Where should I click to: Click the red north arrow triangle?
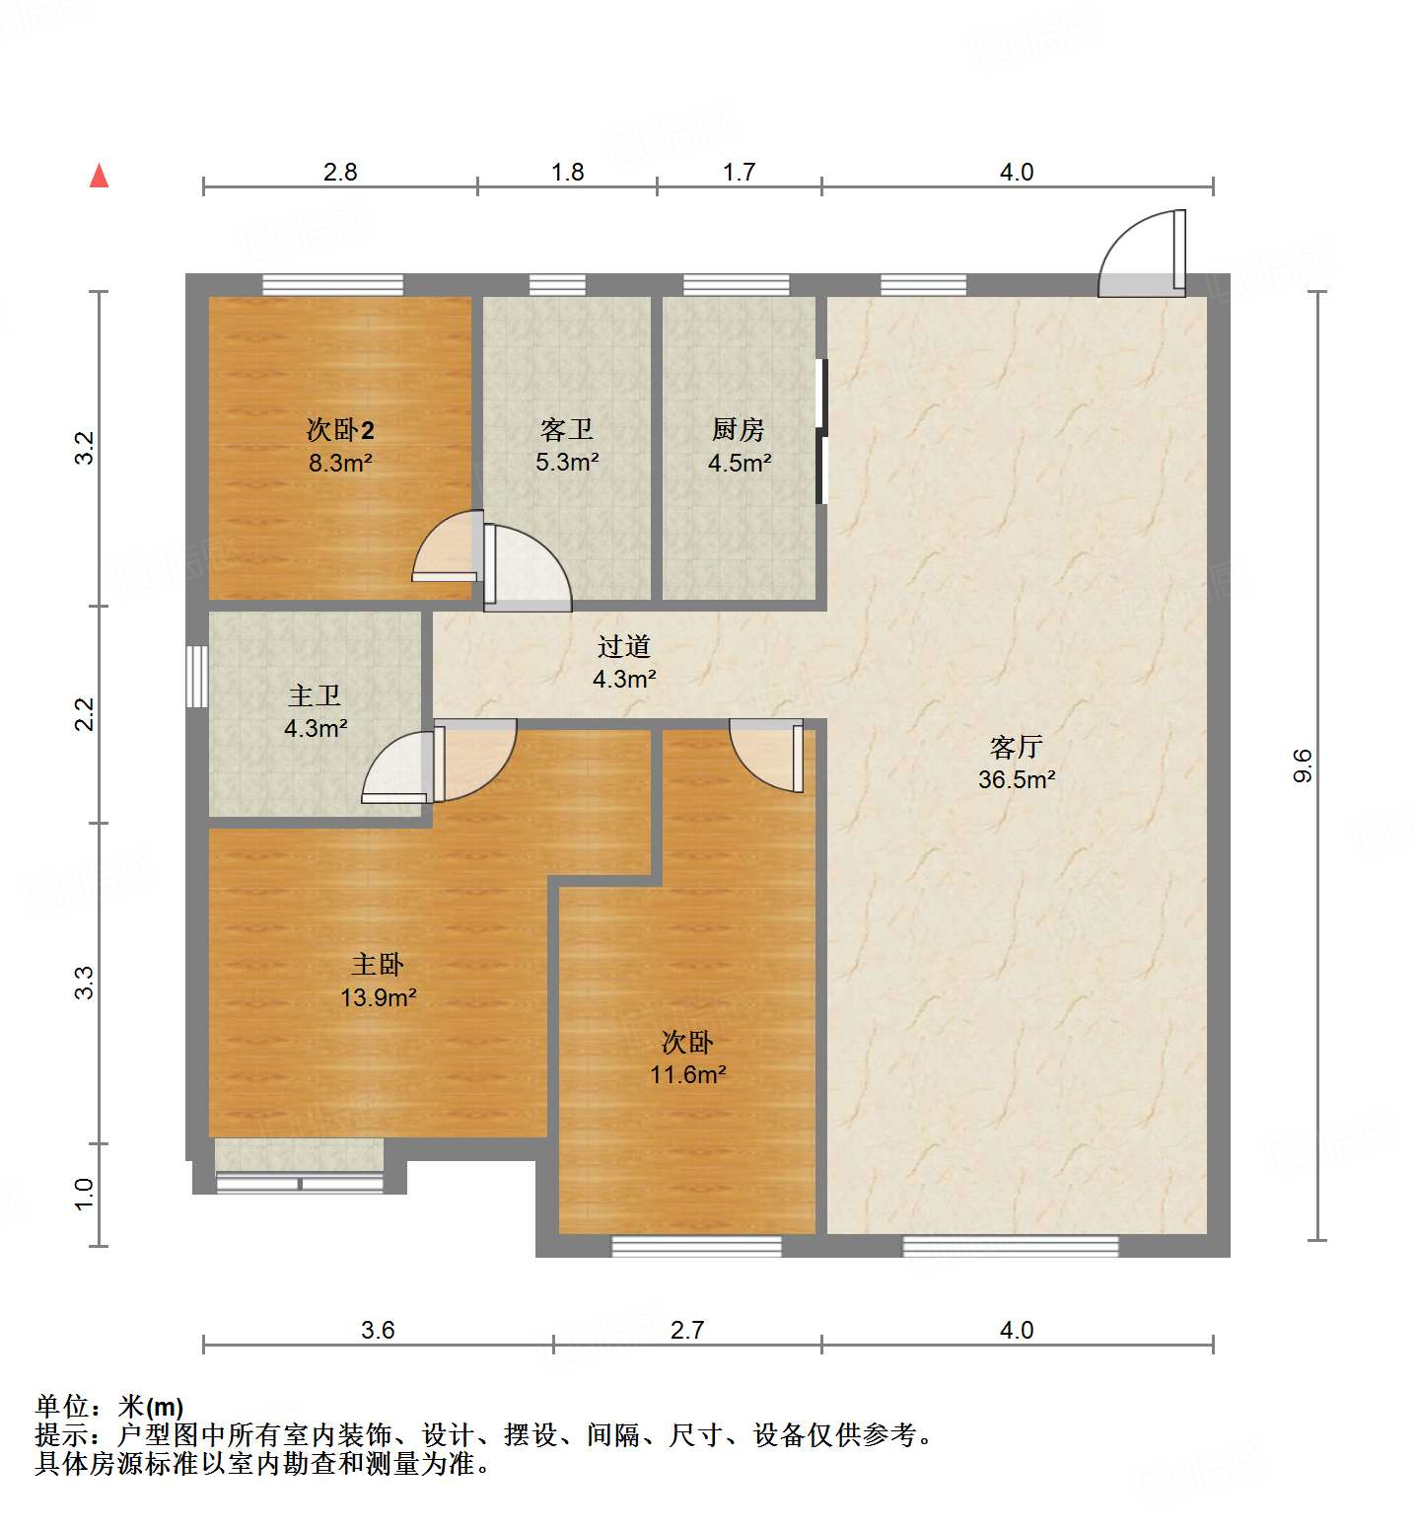point(99,177)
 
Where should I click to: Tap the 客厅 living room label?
point(1017,747)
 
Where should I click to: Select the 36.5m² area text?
point(1017,779)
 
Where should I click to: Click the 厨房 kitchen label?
point(739,430)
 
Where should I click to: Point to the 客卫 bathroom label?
point(567,430)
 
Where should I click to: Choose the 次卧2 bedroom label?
point(340,430)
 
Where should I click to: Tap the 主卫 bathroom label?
point(315,696)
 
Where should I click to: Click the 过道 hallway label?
point(624,647)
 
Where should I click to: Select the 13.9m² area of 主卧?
point(378,997)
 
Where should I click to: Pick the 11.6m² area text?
point(687,1075)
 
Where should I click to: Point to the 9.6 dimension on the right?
point(1303,765)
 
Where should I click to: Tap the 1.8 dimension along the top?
point(568,173)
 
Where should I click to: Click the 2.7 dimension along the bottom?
point(687,1331)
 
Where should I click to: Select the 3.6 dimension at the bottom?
point(378,1331)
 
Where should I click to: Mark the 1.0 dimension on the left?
point(85,1194)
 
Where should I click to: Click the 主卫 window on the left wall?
point(197,677)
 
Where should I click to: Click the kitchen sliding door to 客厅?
point(821,431)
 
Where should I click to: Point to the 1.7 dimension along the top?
point(739,173)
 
